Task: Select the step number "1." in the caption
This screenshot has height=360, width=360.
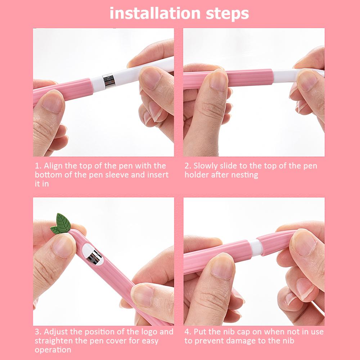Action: pyautogui.click(x=38, y=166)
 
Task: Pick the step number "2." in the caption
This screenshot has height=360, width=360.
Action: pyautogui.click(x=188, y=166)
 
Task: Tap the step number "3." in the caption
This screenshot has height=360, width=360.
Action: pyautogui.click(x=38, y=332)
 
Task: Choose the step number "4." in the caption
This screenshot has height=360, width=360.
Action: pyautogui.click(x=188, y=332)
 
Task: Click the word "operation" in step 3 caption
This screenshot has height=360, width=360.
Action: pyautogui.click(x=53, y=350)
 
